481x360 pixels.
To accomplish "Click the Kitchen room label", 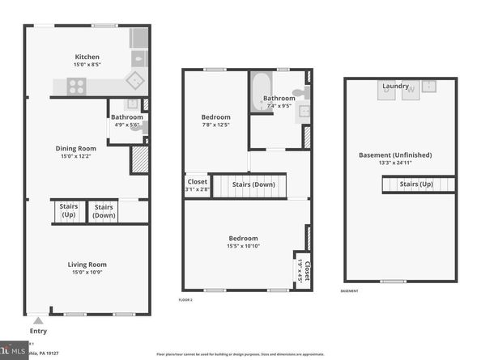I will point(87,57).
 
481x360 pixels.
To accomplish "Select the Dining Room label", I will point(75,148).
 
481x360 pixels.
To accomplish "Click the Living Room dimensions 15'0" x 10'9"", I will point(87,273).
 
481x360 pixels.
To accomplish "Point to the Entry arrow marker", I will point(37,320).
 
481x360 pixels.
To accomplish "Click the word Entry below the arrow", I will point(37,331).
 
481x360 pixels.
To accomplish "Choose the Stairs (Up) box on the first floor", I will point(68,211).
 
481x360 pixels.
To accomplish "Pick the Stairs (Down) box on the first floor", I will point(104,211).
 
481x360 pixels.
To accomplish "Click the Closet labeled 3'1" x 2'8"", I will point(197,185).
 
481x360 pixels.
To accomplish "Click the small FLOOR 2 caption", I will point(185,300).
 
